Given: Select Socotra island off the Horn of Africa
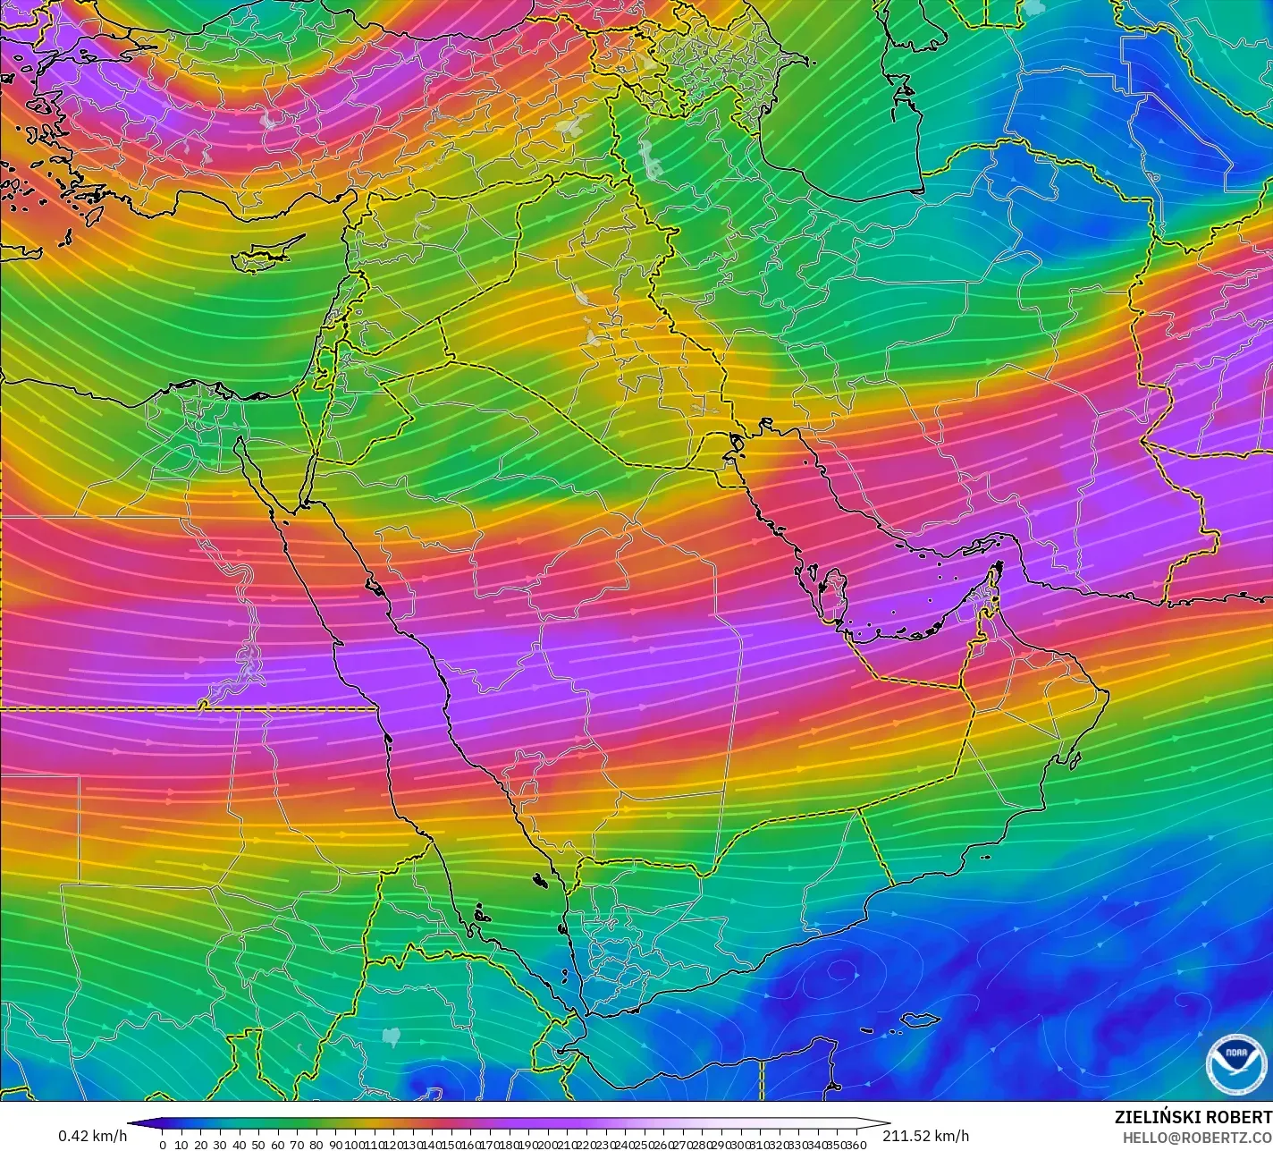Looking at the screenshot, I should (920, 1020).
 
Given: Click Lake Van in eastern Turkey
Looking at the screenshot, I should (569, 126).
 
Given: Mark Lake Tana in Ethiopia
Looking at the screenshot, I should (391, 1036).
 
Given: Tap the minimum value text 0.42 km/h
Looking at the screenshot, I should (92, 1136).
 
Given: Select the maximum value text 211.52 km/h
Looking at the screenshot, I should (926, 1136).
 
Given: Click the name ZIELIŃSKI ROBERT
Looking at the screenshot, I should (1193, 1117).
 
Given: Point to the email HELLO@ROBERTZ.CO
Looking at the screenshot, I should (1197, 1137).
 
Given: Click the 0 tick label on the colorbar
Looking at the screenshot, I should (162, 1145).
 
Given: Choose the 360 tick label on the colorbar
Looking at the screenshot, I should (857, 1145).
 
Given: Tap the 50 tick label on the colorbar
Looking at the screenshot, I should (258, 1145).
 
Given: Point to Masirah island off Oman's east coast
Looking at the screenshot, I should (1074, 762).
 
